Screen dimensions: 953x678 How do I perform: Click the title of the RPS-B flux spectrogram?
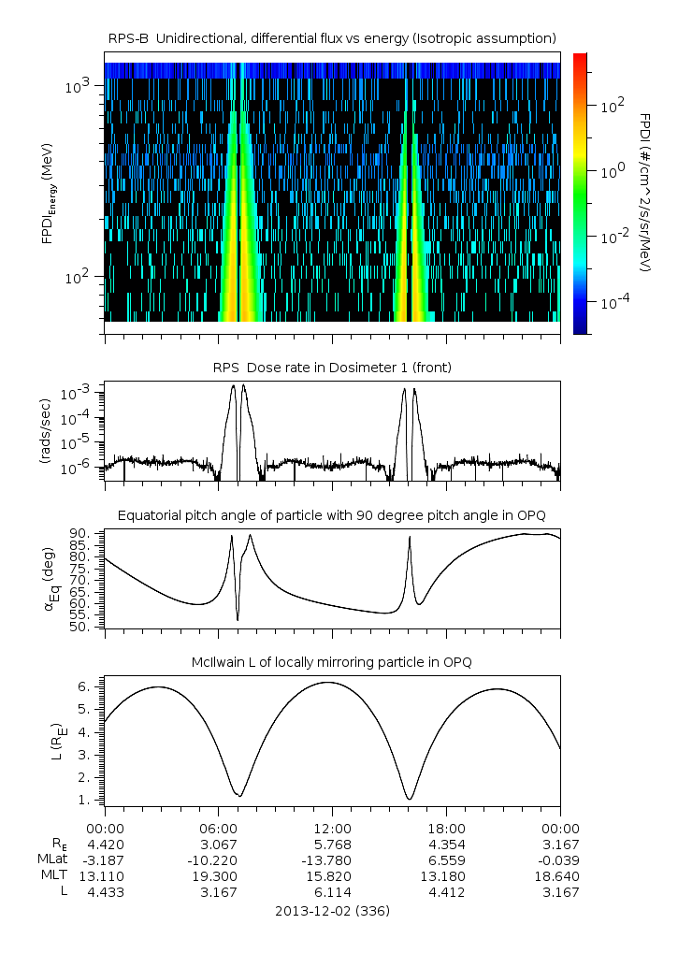coord(332,37)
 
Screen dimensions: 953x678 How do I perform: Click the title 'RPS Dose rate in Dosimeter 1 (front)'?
coord(332,368)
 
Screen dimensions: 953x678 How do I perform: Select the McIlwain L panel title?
coord(332,662)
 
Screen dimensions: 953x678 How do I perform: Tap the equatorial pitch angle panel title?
coord(332,515)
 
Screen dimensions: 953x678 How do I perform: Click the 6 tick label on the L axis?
coord(86,686)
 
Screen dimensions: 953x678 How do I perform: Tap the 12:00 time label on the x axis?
coord(332,829)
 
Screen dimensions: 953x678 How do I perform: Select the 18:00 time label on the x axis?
coord(446,829)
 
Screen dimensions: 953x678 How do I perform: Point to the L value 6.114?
coord(332,892)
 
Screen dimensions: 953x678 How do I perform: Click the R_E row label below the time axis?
coord(61,845)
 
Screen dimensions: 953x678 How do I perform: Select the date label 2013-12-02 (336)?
coord(332,910)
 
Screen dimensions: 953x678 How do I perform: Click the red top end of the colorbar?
coord(580,58)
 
